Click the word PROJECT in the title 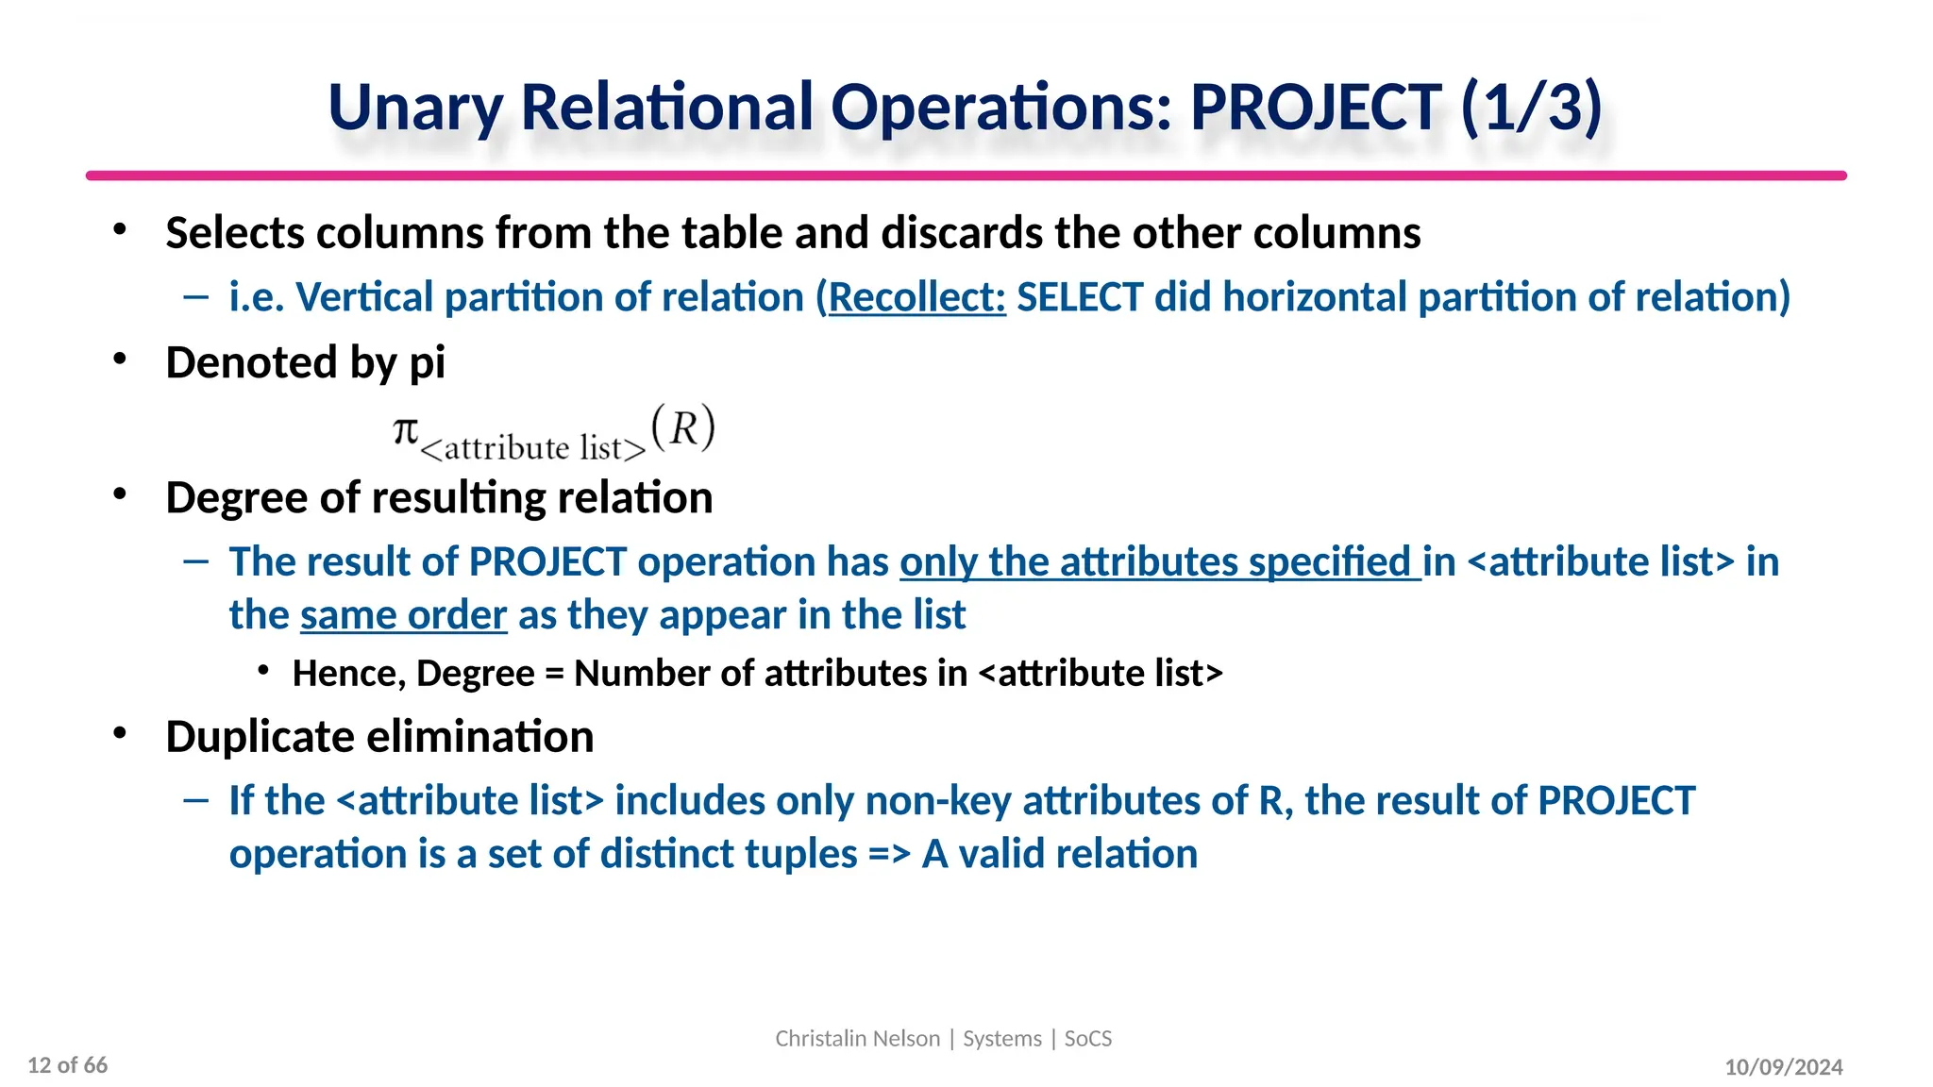pos(1316,107)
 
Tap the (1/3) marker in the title pos(1531,107)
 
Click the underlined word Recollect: pos(916,297)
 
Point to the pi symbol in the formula pos(405,430)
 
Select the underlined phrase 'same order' pos(404,615)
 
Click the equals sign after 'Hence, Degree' pos(554,674)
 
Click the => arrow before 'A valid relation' pos(889,855)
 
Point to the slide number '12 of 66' pos(68,1065)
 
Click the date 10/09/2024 pos(1783,1067)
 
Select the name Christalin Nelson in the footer pos(857,1039)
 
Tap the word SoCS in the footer pos(1088,1039)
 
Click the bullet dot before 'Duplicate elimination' pos(119,734)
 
